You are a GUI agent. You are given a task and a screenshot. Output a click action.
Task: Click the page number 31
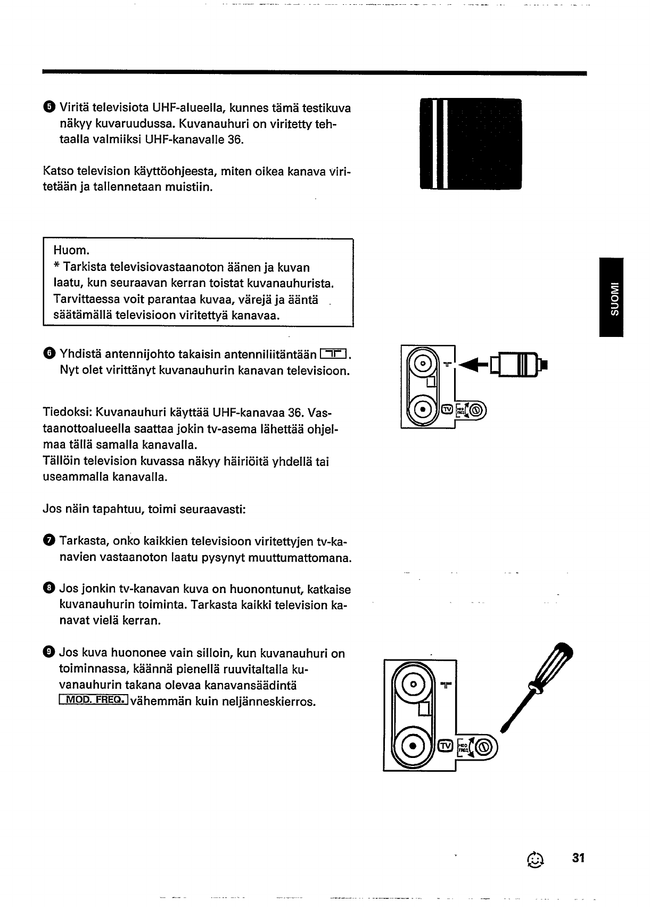click(x=578, y=858)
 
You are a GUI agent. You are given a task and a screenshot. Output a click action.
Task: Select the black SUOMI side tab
click(x=611, y=297)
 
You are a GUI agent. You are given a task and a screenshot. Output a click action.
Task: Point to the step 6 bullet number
click(x=49, y=353)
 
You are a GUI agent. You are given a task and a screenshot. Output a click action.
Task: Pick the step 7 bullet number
click(x=49, y=541)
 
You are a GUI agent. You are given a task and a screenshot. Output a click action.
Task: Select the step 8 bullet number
click(x=49, y=588)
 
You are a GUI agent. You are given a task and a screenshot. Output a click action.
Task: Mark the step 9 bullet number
click(x=49, y=652)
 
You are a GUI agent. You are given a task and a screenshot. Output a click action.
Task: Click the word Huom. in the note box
click(x=71, y=251)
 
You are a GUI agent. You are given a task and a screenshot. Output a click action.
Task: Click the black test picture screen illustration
click(x=471, y=144)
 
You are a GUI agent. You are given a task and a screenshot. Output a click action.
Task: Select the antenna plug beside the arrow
click(x=519, y=365)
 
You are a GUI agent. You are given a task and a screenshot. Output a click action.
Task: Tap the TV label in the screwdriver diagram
click(x=446, y=745)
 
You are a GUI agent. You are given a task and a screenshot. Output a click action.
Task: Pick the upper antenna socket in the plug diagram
click(x=423, y=364)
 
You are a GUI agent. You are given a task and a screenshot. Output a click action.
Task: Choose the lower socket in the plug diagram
click(x=423, y=410)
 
